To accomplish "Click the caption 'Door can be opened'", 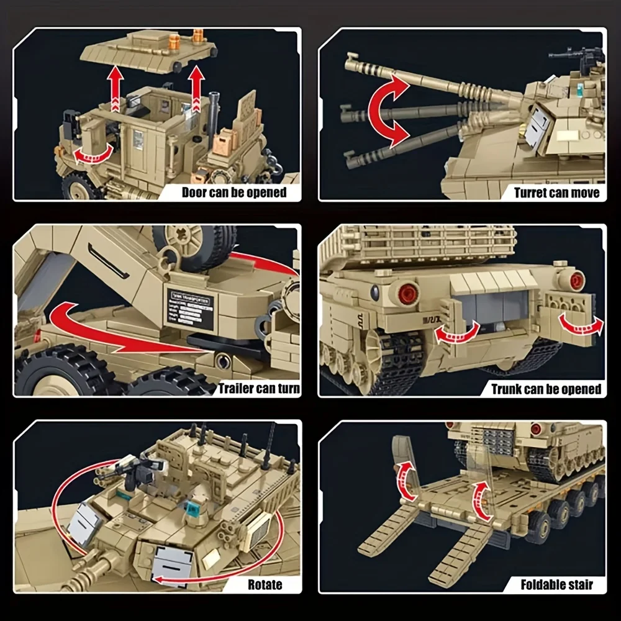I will (x=233, y=192).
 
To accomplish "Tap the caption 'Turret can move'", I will (x=556, y=193).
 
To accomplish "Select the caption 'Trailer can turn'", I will (x=259, y=389).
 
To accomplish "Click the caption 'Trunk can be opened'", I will (x=546, y=389).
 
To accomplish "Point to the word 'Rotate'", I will (x=265, y=584).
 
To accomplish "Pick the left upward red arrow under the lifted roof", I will (x=114, y=88).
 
